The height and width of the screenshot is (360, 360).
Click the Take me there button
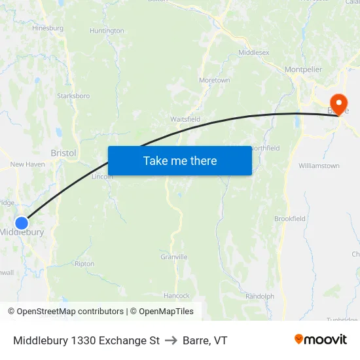(x=180, y=160)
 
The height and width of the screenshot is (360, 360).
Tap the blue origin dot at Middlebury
(x=22, y=223)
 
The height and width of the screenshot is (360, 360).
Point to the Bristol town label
(x=63, y=153)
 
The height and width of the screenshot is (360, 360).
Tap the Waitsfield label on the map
(x=185, y=119)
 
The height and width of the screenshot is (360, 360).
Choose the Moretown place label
(x=215, y=81)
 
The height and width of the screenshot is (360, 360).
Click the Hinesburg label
(x=48, y=28)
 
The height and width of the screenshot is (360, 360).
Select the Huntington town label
(x=107, y=31)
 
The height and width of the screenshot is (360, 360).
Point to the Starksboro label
(x=74, y=96)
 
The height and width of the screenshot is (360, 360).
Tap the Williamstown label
(x=319, y=166)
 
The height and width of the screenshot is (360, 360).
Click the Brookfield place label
(x=290, y=219)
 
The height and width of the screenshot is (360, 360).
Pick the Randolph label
(x=260, y=296)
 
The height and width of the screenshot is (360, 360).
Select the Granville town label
(x=174, y=257)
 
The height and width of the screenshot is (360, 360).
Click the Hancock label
(x=176, y=296)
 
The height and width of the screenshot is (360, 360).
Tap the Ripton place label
(x=84, y=264)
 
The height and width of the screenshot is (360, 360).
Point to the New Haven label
(x=27, y=164)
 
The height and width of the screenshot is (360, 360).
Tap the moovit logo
(x=321, y=340)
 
